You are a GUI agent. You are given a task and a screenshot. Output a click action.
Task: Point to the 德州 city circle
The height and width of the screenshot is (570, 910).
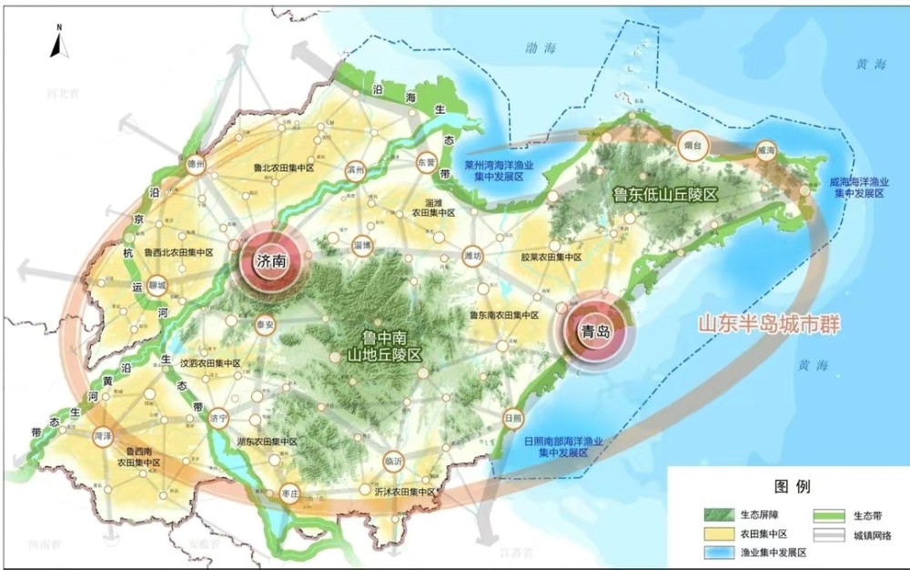pyautogui.click(x=193, y=164)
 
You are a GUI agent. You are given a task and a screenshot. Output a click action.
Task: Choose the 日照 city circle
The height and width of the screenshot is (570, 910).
pyautogui.click(x=512, y=418)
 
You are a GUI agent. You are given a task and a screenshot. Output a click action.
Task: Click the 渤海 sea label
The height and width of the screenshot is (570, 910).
pyautogui.click(x=544, y=46)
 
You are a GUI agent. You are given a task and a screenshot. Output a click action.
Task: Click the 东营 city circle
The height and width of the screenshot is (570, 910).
pyautogui.click(x=427, y=162)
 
